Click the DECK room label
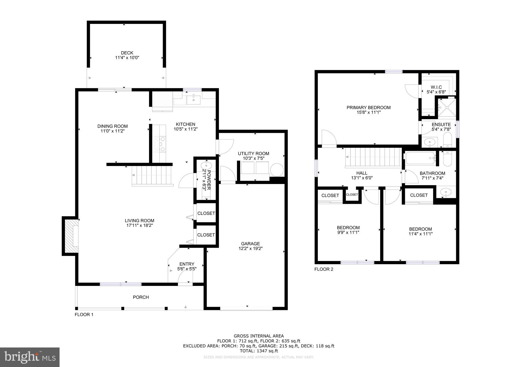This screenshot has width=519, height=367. tap(127, 53)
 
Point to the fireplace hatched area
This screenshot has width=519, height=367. tap(69, 236)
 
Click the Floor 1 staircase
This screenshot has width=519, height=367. tap(152, 176)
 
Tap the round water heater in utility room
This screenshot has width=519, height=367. tap(277, 170)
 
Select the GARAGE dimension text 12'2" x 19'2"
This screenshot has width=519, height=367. tap(250, 249)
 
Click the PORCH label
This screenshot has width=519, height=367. tap(141, 297)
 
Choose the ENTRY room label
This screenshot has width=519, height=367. tap(187, 264)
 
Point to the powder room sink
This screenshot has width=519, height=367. tap(206, 166)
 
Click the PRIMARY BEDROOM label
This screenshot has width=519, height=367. tap(368, 107)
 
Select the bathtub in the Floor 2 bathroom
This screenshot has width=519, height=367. tap(420, 158)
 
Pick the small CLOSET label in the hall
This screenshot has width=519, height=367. tap(352, 195)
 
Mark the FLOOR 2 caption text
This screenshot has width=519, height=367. tap(324, 269)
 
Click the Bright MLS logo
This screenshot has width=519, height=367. tap(30, 357)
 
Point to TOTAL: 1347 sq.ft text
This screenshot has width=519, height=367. tap(259, 351)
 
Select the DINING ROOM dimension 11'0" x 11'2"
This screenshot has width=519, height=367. tap(113, 131)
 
